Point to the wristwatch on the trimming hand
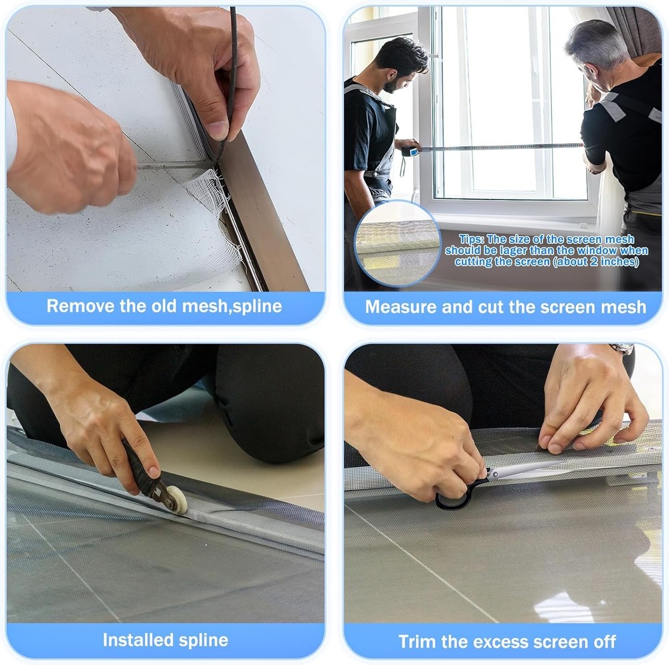point(622,348)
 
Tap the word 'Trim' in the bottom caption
point(417,642)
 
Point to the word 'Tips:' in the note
point(472,239)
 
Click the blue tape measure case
point(409,152)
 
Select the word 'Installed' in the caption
point(135,640)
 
